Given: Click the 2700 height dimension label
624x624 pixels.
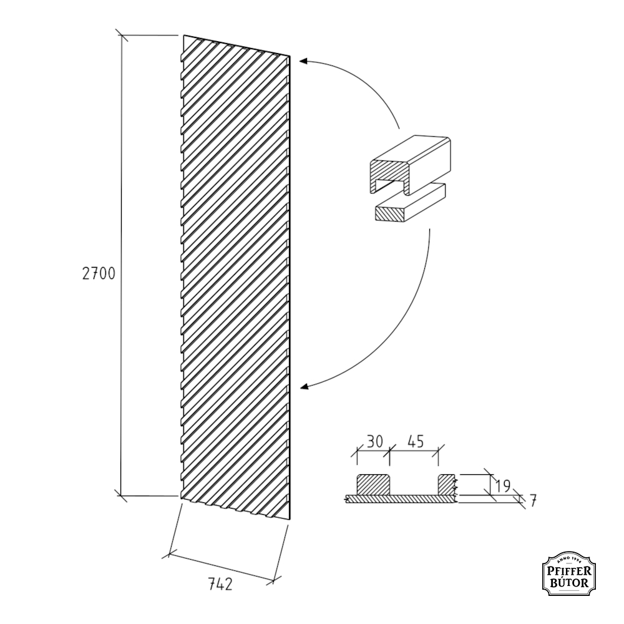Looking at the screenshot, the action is click(x=99, y=274).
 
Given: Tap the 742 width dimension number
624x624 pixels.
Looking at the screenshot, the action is click(x=220, y=584).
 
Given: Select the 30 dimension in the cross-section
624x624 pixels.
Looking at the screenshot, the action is click(x=374, y=441).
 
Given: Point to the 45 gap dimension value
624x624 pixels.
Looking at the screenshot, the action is click(x=416, y=441).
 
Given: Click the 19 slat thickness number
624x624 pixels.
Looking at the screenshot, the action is click(x=503, y=486).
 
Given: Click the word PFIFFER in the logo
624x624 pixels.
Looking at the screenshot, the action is click(x=569, y=572).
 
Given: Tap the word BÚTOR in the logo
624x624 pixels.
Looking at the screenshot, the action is click(x=570, y=583).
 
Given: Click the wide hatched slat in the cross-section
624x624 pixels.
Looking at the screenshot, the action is click(x=373, y=485).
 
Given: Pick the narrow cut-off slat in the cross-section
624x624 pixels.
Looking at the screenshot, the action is click(x=447, y=485).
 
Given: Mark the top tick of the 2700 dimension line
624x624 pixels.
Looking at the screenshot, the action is click(x=122, y=35).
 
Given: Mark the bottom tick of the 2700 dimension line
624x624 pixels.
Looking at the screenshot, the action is click(x=121, y=496).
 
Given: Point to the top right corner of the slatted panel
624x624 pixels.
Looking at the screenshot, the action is click(x=290, y=56).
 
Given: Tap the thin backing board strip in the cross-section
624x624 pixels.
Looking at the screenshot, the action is click(x=401, y=499).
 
